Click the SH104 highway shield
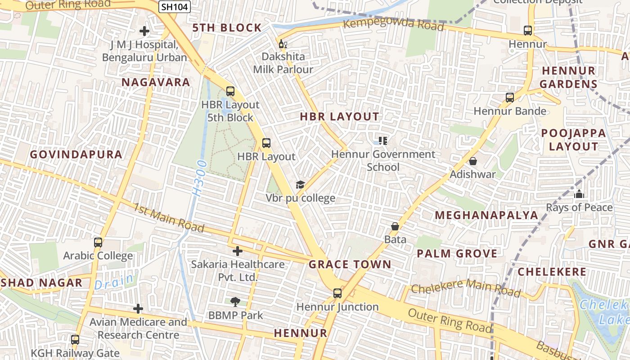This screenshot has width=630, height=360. (x=175, y=7)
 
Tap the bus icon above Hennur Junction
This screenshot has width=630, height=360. (x=337, y=293)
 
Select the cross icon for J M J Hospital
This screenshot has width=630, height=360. (x=144, y=31)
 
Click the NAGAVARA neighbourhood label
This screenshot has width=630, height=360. (x=156, y=82)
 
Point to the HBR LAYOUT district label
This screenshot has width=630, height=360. (x=340, y=117)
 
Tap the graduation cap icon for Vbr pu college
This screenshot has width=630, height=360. (x=300, y=184)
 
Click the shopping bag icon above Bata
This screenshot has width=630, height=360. (x=395, y=226)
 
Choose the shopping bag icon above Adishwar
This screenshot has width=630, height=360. (x=473, y=161)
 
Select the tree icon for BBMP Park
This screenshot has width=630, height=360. (x=235, y=301)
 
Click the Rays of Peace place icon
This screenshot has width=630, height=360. (x=579, y=194)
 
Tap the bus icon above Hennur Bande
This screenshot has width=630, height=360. (x=510, y=98)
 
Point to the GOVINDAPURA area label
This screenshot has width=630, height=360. (x=76, y=154)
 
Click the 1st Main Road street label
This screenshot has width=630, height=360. (x=169, y=218)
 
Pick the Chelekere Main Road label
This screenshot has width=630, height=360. (x=466, y=288)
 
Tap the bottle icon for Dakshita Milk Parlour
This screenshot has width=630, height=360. (x=283, y=44)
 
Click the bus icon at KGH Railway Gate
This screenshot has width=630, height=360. (x=75, y=340)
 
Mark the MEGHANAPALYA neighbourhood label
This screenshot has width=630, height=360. (x=486, y=215)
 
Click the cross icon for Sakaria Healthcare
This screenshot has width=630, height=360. (x=238, y=251)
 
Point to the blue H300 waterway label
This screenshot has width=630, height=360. (x=198, y=177)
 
